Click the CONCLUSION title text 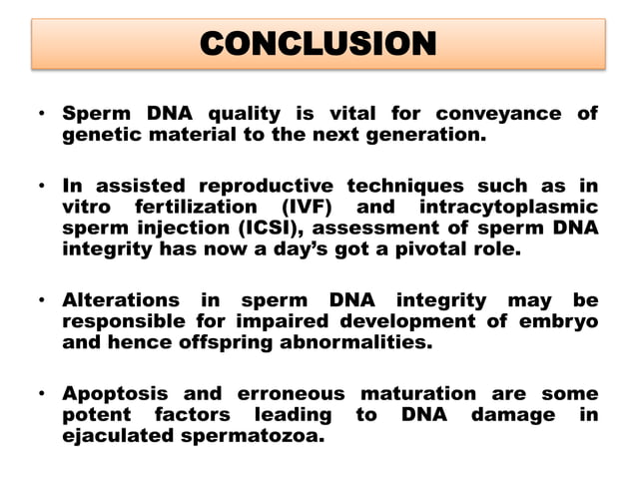318,43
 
